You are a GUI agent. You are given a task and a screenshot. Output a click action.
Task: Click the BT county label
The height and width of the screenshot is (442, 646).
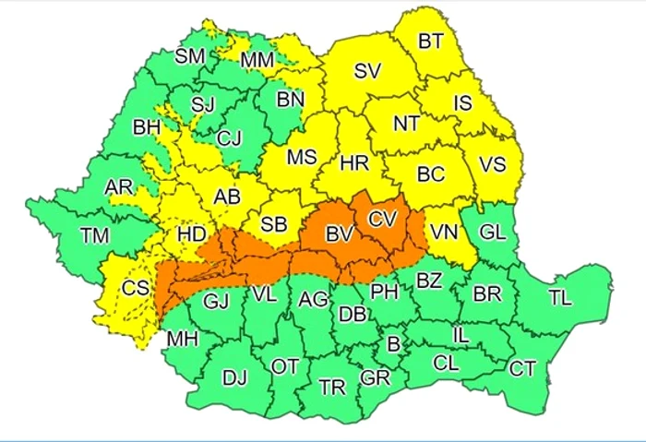[x=431, y=41]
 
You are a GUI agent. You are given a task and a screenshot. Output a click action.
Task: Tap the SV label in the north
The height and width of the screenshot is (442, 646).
[x=367, y=70]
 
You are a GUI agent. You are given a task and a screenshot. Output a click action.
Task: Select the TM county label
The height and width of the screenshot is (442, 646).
[x=94, y=235]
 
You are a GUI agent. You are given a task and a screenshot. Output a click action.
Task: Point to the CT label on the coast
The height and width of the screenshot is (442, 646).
[x=522, y=369]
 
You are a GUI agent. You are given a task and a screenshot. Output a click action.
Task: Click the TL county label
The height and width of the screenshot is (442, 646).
[x=559, y=297]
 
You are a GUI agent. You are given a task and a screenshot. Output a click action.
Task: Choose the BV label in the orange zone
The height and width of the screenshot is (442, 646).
[x=340, y=235]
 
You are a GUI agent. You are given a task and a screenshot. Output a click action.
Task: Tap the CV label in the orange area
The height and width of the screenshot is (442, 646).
[x=381, y=219]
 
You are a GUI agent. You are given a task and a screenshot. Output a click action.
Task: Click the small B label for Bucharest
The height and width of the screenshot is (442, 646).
[x=394, y=344]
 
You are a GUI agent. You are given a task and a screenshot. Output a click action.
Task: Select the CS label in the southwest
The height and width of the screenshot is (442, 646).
[x=136, y=288]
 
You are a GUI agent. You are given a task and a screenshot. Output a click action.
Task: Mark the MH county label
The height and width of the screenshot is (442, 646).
[x=183, y=339]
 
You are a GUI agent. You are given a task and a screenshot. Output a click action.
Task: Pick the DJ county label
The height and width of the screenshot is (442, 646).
[x=235, y=376]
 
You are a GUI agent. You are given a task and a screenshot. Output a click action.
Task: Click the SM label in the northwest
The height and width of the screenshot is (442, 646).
[x=190, y=56]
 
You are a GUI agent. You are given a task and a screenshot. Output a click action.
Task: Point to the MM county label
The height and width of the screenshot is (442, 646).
[x=255, y=61]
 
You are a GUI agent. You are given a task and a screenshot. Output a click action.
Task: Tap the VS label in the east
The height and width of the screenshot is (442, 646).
[x=492, y=165]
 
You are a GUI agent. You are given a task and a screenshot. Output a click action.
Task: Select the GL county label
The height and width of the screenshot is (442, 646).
[x=494, y=233]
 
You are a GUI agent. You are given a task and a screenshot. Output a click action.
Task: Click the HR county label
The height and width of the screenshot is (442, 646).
[x=354, y=163]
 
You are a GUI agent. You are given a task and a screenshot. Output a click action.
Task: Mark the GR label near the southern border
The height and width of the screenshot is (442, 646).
[x=375, y=377]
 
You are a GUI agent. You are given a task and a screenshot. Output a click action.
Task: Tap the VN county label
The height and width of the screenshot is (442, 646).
[x=445, y=233]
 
